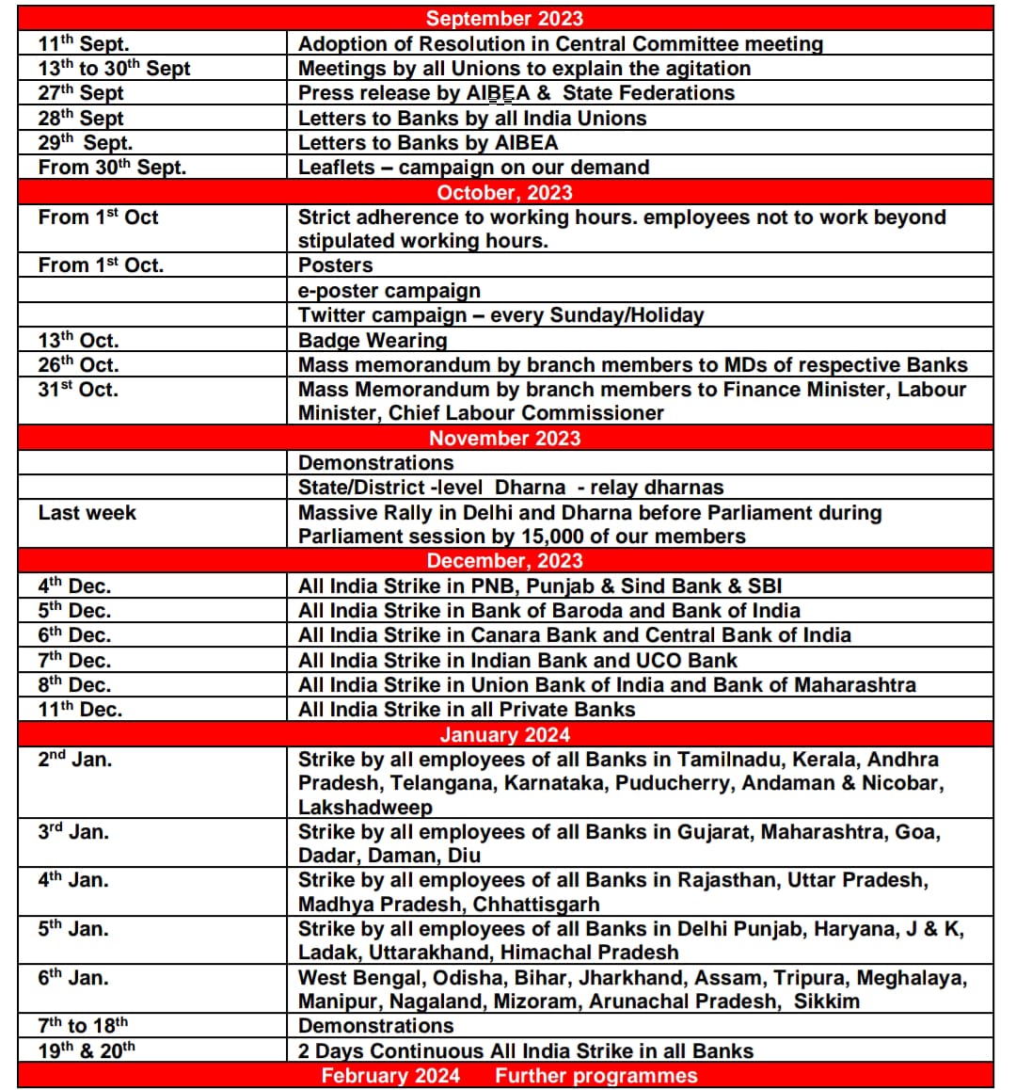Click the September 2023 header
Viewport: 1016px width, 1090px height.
504,18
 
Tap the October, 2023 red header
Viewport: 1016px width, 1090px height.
504,192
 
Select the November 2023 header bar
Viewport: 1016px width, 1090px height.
504,438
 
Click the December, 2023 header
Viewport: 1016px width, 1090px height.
504,561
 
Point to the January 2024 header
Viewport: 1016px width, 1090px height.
504,735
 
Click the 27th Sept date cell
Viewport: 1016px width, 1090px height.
81,93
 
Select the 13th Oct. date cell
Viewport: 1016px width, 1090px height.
78,340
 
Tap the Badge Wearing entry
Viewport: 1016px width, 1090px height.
373,340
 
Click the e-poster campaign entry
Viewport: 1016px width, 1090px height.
389,290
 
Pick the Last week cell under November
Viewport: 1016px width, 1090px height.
87,513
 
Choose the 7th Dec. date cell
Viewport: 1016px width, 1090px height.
74,660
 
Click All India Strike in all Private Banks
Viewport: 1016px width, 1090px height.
466,710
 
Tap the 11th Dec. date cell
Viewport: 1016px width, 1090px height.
80,710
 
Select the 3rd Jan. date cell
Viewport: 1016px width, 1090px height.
73,832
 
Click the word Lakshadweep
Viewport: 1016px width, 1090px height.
365,808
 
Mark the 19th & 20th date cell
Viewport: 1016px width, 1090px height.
87,1050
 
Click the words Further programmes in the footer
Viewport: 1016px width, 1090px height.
596,1076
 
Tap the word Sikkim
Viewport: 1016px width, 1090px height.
826,1002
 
